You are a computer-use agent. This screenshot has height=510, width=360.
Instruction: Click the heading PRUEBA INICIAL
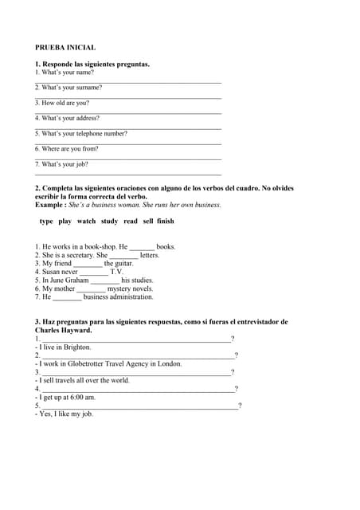click(65, 48)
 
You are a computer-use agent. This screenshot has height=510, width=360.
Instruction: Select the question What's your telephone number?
click(81, 134)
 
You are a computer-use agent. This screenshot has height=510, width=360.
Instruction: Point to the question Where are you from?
click(67, 149)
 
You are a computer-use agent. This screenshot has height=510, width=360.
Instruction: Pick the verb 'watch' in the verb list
click(86, 222)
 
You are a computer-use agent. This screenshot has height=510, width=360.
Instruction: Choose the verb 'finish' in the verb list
click(165, 222)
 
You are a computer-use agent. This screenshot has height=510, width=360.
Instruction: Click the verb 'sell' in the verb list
click(148, 222)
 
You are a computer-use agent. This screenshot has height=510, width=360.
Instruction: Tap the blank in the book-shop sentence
click(142, 248)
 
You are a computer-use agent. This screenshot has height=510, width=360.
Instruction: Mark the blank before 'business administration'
click(68, 298)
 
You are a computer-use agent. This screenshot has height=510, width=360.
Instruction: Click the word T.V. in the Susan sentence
click(116, 273)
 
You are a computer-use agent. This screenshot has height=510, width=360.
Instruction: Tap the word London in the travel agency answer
click(170, 364)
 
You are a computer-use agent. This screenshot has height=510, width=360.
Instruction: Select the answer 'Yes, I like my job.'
click(65, 414)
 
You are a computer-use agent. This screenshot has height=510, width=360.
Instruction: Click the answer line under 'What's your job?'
click(128, 174)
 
